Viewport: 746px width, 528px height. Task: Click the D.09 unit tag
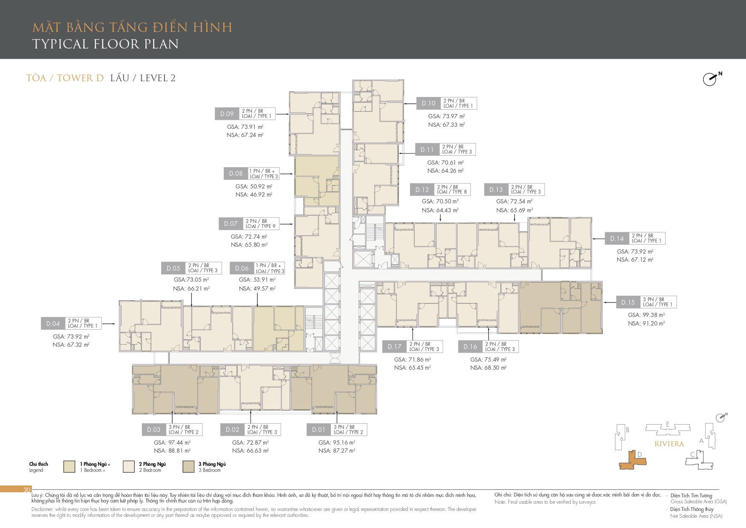click(x=227, y=114)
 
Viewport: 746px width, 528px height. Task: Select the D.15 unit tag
click(x=628, y=303)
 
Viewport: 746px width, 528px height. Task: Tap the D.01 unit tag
click(x=319, y=430)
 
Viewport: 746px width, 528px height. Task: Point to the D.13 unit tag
click(x=496, y=190)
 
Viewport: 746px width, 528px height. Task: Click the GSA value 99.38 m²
click(x=646, y=315)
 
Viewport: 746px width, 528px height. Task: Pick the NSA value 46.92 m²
click(x=254, y=194)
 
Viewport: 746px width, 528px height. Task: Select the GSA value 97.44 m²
click(x=172, y=442)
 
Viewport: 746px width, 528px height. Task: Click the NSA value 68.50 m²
click(x=488, y=368)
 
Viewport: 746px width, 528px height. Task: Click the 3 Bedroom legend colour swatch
click(x=188, y=467)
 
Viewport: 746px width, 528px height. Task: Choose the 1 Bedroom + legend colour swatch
click(x=69, y=467)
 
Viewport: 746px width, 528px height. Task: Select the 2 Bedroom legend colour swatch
click(x=129, y=467)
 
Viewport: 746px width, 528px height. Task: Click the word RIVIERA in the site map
click(x=669, y=444)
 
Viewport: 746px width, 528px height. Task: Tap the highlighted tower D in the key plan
click(x=633, y=461)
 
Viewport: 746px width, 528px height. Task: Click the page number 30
click(x=27, y=490)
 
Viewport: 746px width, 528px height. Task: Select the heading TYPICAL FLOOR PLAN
click(x=105, y=44)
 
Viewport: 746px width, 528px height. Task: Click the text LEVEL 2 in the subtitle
click(x=158, y=78)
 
